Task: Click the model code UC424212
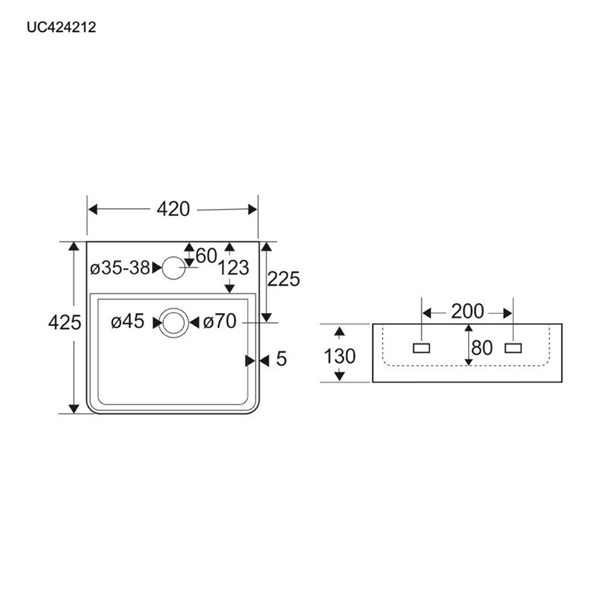tap(61, 27)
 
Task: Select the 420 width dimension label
tap(173, 209)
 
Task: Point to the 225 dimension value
tap(284, 279)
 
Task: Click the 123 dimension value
tap(233, 268)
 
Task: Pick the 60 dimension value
tap(206, 255)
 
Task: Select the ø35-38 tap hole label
tap(119, 268)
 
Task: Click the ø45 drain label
tap(127, 322)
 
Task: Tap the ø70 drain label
tap(220, 322)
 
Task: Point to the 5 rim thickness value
tap(281, 359)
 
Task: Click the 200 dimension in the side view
tap(467, 312)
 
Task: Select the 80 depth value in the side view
tap(482, 348)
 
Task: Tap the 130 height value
tap(340, 356)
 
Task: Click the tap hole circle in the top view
tap(175, 268)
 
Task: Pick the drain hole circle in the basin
tap(174, 322)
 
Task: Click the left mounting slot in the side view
tap(421, 348)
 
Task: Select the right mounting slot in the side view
tap(514, 348)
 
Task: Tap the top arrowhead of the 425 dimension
tap(74, 246)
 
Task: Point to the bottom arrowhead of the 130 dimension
tap(340, 377)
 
